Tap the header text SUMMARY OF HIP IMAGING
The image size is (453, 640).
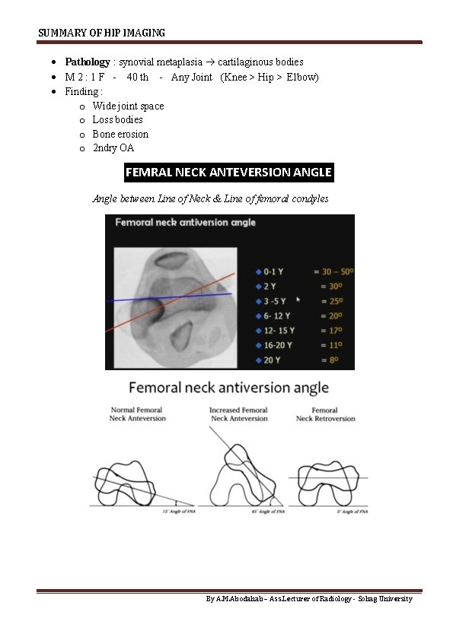[101, 33]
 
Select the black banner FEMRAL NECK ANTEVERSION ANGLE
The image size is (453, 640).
[228, 173]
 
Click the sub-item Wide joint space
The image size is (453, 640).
[128, 106]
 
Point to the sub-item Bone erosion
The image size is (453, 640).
[120, 134]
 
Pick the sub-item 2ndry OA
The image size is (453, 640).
[113, 148]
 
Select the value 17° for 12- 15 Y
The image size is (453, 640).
[327, 330]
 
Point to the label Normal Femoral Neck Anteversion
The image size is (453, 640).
[138, 414]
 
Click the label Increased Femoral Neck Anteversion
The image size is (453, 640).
[238, 414]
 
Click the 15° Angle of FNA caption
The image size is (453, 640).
[177, 513]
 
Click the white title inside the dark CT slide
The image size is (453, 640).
[185, 223]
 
